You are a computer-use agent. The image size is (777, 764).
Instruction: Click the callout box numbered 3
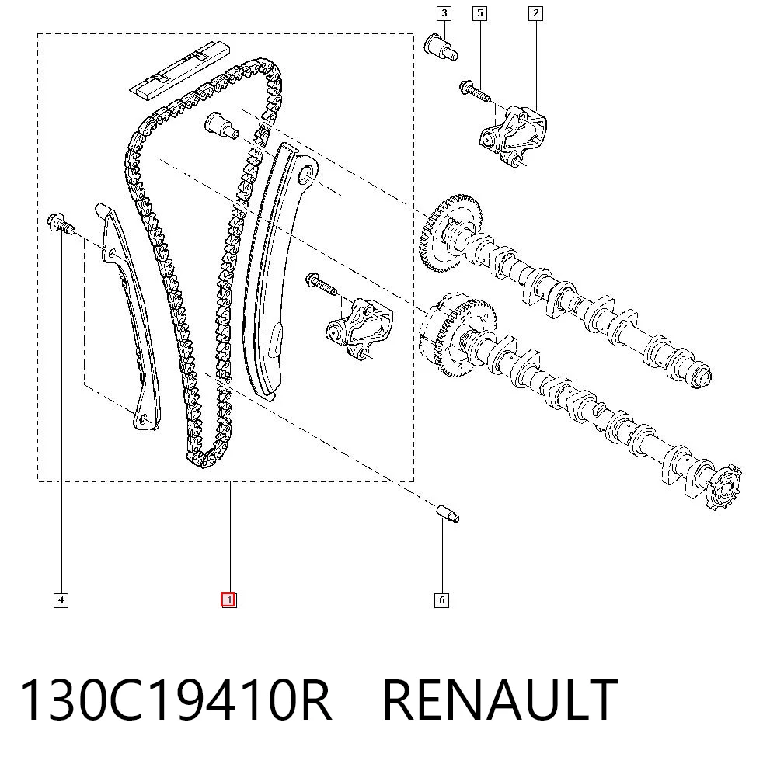[x=444, y=13]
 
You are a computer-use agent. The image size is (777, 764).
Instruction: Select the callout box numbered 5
[x=479, y=13]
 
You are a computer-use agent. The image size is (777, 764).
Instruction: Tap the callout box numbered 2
[x=535, y=13]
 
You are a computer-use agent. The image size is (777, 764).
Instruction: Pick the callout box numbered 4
[x=61, y=600]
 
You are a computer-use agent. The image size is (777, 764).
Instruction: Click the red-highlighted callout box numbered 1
[x=228, y=600]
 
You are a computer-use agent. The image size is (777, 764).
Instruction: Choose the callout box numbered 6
[x=441, y=600]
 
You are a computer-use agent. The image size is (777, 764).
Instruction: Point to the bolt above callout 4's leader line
[x=61, y=224]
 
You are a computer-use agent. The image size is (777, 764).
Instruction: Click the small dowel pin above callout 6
[x=448, y=513]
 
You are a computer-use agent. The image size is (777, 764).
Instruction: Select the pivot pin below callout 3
[x=441, y=47]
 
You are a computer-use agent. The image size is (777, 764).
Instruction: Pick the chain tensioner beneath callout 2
[x=513, y=134]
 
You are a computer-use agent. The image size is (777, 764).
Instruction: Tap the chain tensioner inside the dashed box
[x=360, y=328]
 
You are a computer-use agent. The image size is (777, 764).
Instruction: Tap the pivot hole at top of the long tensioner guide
[x=307, y=173]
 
